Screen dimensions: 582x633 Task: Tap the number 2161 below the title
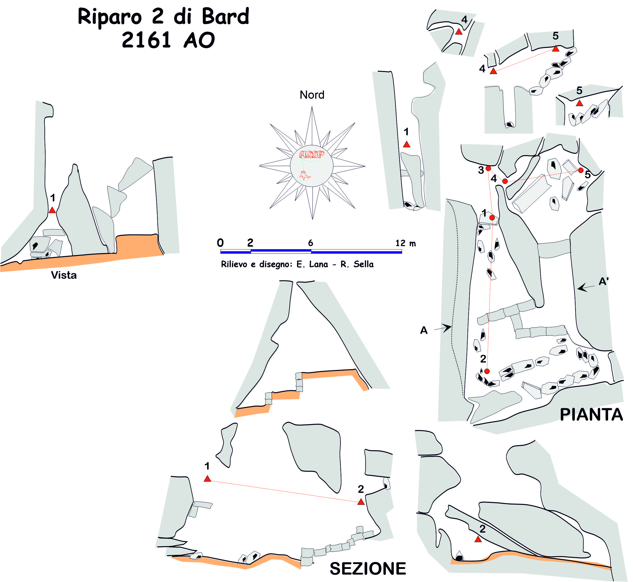tap(146, 40)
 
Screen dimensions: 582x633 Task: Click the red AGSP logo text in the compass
tap(311, 154)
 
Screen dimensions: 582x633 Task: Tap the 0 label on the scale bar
tap(220, 243)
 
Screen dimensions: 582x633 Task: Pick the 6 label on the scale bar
tap(310, 243)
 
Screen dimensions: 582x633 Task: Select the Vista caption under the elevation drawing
tap(64, 275)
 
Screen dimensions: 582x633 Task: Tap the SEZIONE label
tap(368, 568)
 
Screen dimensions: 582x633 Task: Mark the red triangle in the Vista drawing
tap(52, 210)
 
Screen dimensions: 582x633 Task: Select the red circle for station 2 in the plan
tap(487, 371)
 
